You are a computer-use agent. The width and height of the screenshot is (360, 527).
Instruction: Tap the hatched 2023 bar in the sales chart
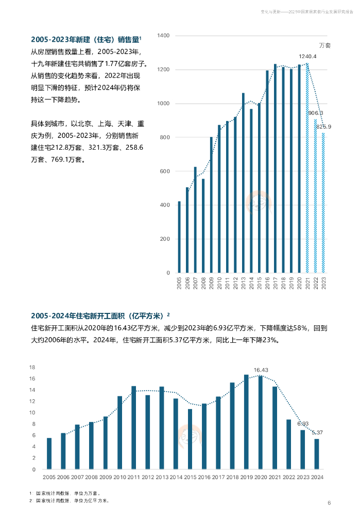[323, 203]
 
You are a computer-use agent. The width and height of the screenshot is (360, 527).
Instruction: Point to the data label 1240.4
[307, 56]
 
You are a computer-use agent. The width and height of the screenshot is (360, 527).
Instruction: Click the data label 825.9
[323, 127]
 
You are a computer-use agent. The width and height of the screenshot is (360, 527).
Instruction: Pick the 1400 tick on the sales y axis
[163, 36]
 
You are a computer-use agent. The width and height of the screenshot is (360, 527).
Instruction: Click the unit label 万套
[324, 45]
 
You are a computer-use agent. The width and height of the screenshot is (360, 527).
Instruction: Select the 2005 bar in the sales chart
[179, 237]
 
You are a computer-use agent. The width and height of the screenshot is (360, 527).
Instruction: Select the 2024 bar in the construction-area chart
[316, 454]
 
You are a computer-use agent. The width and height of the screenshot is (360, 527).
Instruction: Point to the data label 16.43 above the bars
[261, 370]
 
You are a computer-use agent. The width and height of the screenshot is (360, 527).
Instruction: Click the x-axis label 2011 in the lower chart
[133, 478]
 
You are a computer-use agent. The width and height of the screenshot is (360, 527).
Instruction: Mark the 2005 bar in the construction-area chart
[49, 453]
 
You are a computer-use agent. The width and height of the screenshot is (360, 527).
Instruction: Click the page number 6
[329, 503]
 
